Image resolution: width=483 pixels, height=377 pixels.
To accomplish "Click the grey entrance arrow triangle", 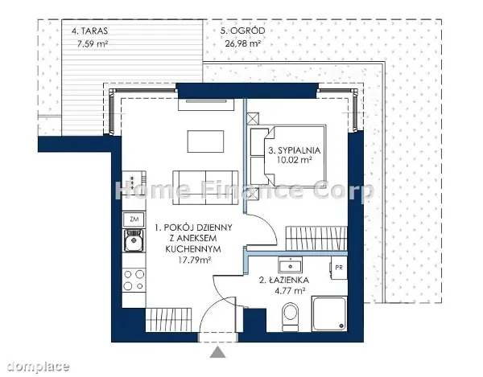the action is [x=218, y=352].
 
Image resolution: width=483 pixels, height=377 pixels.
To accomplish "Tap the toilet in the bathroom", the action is [x=290, y=317].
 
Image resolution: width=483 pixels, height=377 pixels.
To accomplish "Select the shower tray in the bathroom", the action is [x=329, y=313].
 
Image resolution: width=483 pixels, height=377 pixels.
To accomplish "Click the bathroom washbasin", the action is [x=290, y=264].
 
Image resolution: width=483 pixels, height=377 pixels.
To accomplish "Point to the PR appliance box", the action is [x=339, y=268].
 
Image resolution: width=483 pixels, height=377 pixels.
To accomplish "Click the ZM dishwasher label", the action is [x=134, y=219].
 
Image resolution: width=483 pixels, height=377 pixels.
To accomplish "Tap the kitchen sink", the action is [x=134, y=240].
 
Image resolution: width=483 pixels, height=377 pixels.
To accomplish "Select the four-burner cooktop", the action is [x=134, y=280].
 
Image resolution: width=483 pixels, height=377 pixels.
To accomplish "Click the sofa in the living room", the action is [x=206, y=188].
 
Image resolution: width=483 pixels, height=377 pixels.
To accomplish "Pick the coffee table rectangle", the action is [x=206, y=141].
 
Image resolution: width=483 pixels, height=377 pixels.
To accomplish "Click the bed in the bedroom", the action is [x=288, y=155].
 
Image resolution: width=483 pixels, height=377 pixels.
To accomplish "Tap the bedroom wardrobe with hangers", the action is [x=316, y=238].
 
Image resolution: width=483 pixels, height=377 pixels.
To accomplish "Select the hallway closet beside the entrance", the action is [x=168, y=320].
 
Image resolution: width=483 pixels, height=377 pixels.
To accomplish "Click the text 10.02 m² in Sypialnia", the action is [x=293, y=160].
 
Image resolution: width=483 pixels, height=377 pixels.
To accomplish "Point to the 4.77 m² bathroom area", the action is [x=290, y=290].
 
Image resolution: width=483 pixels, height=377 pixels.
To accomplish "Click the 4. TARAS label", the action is [x=89, y=31].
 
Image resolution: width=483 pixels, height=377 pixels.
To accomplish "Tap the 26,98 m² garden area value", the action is [x=243, y=43].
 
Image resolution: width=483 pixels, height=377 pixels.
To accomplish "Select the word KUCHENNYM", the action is [x=193, y=248].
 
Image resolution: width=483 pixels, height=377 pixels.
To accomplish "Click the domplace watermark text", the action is [x=38, y=367].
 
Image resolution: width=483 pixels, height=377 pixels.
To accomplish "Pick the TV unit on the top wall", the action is [x=206, y=104].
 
